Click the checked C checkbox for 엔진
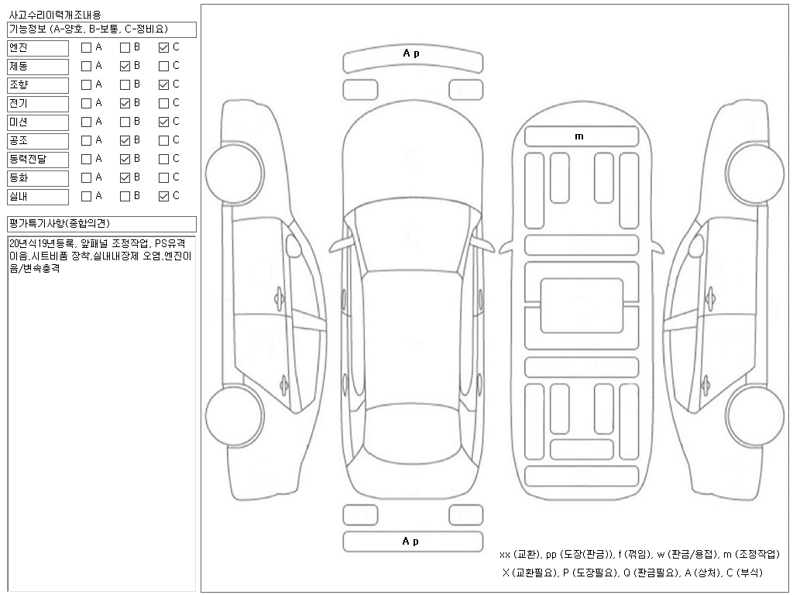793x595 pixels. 163,47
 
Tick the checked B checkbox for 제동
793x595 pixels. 125,66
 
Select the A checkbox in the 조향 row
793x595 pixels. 86,84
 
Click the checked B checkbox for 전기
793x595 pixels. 125,103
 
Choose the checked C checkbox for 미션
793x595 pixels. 163,122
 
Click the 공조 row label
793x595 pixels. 38,140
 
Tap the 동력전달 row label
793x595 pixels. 38,159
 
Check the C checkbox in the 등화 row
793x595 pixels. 163,177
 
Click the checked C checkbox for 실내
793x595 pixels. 163,196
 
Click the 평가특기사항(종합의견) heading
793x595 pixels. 101,224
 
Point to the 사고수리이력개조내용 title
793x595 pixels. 54,15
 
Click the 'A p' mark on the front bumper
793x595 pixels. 411,53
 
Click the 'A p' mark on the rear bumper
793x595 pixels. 411,542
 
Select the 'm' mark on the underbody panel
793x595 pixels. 579,136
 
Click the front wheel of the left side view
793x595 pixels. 227,170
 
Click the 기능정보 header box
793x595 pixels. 101,29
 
